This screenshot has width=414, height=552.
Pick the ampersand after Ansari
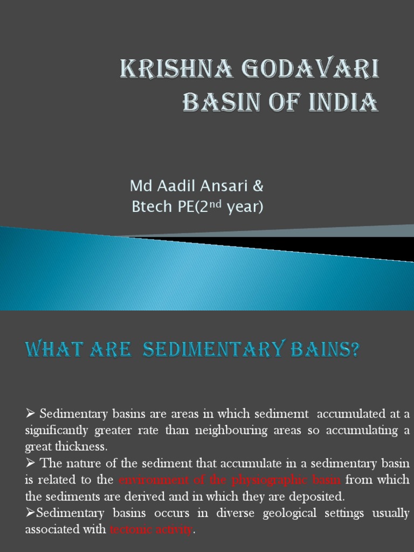[x=258, y=187]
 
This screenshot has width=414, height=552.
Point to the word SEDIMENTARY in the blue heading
[x=213, y=351]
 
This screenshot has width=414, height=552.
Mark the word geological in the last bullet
[x=290, y=513]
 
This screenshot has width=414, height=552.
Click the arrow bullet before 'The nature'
[x=30, y=464]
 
